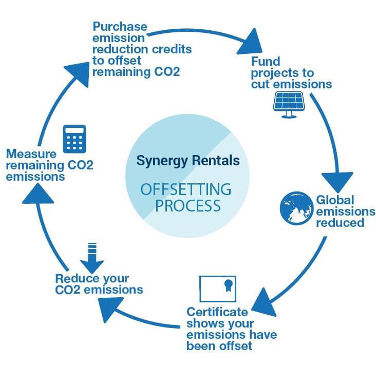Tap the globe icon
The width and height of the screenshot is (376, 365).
click(x=295, y=208)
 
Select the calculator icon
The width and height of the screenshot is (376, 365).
click(x=73, y=138)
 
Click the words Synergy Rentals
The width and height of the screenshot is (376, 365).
click(x=187, y=161)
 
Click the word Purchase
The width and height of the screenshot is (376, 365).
click(x=120, y=27)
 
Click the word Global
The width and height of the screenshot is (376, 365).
click(x=334, y=200)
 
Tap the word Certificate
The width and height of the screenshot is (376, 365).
click(x=217, y=312)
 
